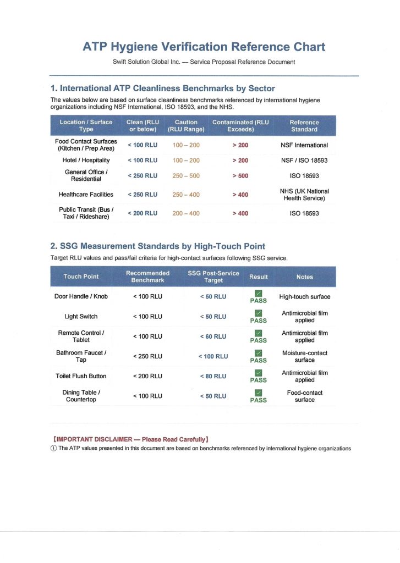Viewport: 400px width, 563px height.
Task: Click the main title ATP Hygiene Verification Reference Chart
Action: [x=204, y=47]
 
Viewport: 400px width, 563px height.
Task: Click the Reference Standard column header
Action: [x=304, y=126]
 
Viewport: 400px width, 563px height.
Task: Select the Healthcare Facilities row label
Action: [x=86, y=195]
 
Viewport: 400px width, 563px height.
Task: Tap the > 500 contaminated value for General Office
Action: [x=240, y=176]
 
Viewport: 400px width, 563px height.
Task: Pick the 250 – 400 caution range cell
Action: [x=186, y=195]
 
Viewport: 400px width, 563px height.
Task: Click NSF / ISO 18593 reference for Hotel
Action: [x=304, y=161]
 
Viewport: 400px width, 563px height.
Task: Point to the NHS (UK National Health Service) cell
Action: [x=304, y=195]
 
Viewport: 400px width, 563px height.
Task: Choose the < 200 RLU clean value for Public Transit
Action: [x=143, y=213]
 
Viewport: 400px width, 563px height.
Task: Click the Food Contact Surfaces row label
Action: [x=86, y=145]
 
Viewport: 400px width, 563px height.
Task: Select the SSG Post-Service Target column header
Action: [x=213, y=277]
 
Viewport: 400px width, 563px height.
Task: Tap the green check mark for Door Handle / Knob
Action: [x=259, y=293]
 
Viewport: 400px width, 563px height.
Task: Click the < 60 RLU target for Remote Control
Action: [x=213, y=336]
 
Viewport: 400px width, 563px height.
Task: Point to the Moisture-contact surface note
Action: [x=304, y=356]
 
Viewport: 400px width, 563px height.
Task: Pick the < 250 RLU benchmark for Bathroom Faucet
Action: [x=147, y=356]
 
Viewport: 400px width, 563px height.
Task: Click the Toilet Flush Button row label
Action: [x=81, y=376]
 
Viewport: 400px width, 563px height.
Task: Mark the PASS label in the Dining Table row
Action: [x=259, y=400]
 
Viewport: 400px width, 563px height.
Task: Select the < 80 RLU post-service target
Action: [x=213, y=376]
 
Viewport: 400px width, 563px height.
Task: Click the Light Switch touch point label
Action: [x=81, y=317]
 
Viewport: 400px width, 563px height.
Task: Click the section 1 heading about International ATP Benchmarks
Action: [x=162, y=89]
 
